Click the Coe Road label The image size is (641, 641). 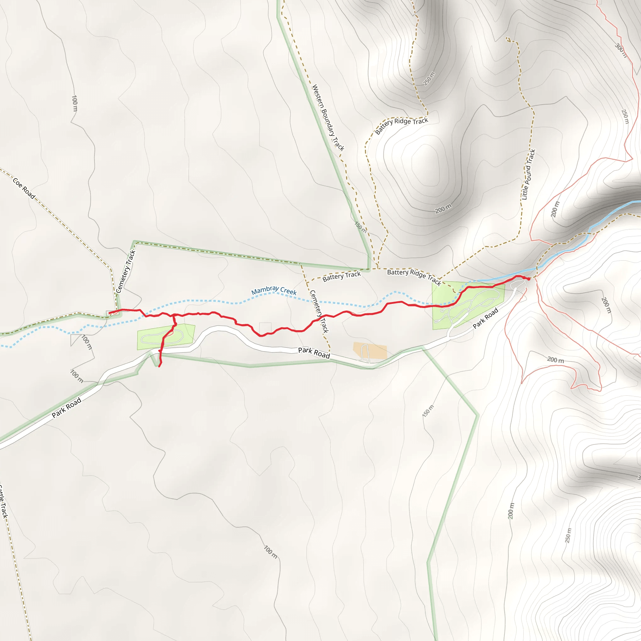pyautogui.click(x=24, y=188)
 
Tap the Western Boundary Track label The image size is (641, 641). pyautogui.click(x=328, y=117)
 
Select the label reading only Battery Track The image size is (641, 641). pyautogui.click(x=341, y=276)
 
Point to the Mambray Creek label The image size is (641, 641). pyautogui.click(x=274, y=290)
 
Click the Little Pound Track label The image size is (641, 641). pyautogui.click(x=529, y=175)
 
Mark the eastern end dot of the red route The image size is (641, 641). pyautogui.click(x=529, y=279)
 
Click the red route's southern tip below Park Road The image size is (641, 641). pyautogui.click(x=159, y=366)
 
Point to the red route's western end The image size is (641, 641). pyautogui.click(x=109, y=313)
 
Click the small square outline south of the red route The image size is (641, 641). pyautogui.click(x=265, y=328)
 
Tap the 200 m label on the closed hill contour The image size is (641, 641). pyautogui.click(x=443, y=209)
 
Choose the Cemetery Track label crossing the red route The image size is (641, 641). pyautogui.click(x=319, y=311)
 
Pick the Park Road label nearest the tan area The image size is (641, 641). pyautogui.click(x=314, y=353)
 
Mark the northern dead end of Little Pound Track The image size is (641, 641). pyautogui.click(x=507, y=38)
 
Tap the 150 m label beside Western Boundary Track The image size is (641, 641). pyautogui.click(x=361, y=227)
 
